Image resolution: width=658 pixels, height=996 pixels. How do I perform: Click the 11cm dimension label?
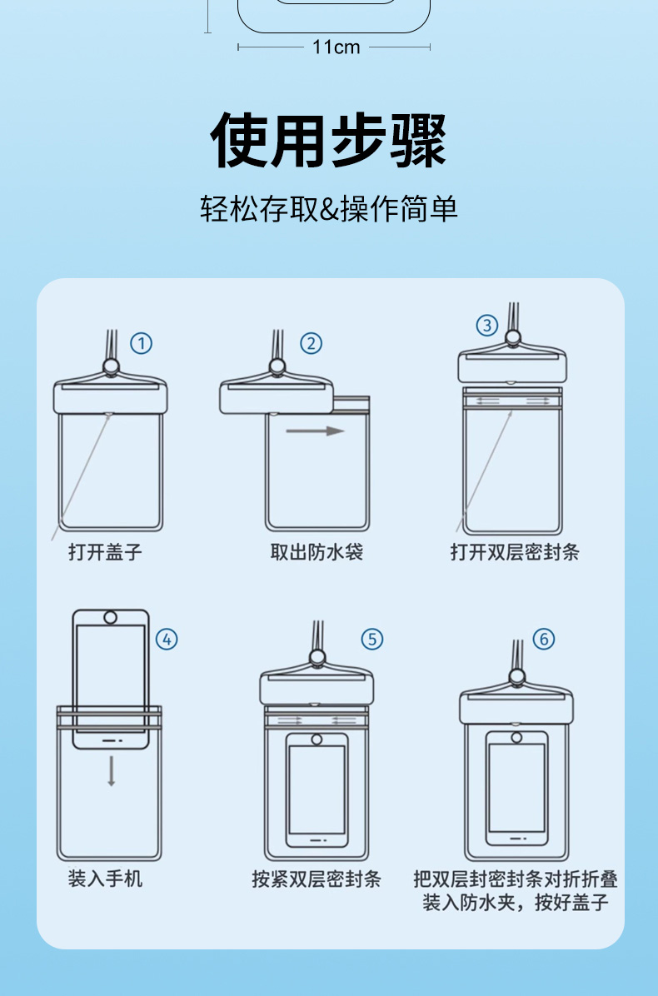(x=336, y=47)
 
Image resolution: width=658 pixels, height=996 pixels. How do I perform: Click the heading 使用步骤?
(x=328, y=141)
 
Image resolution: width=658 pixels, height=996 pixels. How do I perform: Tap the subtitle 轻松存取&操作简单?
(x=329, y=208)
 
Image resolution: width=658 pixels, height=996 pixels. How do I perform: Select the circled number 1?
(x=141, y=344)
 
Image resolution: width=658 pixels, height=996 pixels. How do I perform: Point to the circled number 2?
(x=311, y=344)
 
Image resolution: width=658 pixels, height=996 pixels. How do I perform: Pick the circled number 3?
(x=487, y=326)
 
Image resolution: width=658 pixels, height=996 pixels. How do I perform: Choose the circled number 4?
(x=167, y=639)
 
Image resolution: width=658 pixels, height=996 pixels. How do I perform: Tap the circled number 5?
(x=372, y=639)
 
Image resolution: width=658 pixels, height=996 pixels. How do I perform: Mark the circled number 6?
(x=543, y=639)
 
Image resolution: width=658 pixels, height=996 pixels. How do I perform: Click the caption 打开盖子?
(x=106, y=551)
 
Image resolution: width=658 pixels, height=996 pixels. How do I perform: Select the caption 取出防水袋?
(x=317, y=551)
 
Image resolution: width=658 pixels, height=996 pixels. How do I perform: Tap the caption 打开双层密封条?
(x=515, y=551)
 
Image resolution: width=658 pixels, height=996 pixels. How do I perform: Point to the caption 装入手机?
(x=106, y=879)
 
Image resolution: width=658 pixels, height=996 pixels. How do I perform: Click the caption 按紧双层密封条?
(x=317, y=879)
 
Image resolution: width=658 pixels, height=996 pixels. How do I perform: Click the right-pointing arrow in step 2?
(x=315, y=431)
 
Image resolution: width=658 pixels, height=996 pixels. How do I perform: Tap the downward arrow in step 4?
(x=111, y=771)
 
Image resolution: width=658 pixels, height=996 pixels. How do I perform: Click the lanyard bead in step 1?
(x=111, y=366)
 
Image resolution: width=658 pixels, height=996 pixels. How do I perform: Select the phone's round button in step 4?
(x=110, y=617)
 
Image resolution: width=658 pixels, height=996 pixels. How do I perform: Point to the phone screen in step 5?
(x=317, y=789)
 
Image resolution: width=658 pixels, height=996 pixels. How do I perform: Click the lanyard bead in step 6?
(x=517, y=677)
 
